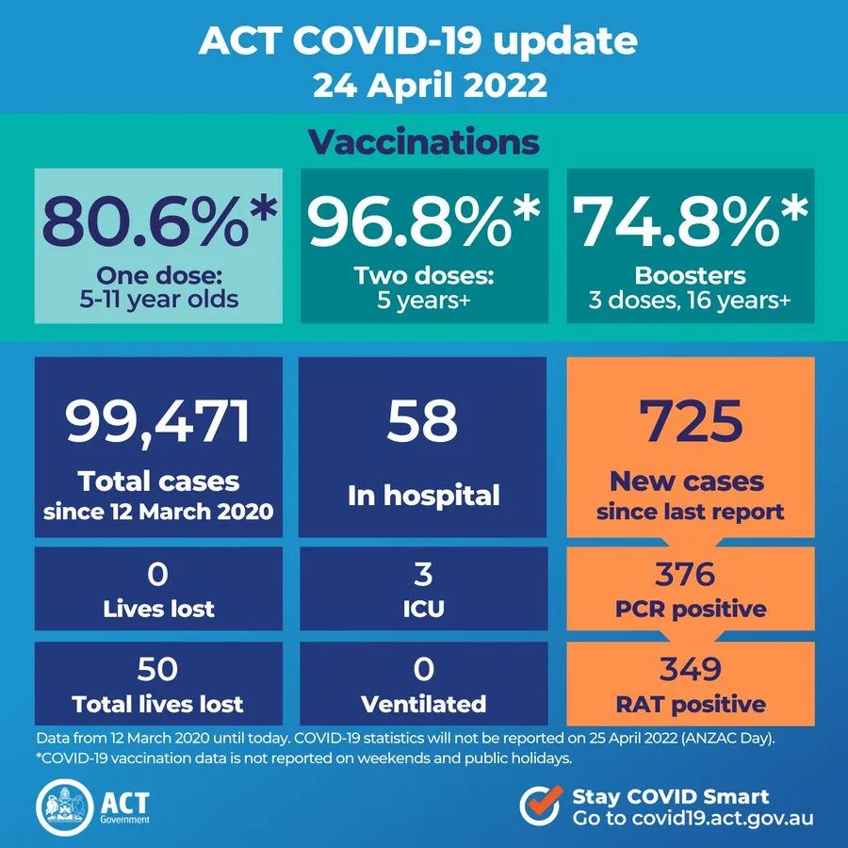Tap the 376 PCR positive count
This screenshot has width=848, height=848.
[x=690, y=574]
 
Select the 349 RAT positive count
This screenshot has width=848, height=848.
[x=690, y=669]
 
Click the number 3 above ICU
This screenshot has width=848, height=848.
[x=423, y=574]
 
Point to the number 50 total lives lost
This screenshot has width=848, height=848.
[x=158, y=669]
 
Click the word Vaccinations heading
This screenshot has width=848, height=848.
[x=423, y=142]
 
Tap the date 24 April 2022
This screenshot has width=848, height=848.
[x=423, y=86]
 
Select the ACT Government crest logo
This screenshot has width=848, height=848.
[x=63, y=804]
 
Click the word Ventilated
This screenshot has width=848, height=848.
[x=423, y=703]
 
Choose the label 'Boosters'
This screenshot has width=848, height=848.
[x=691, y=276]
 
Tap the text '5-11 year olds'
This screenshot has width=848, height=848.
[x=159, y=301]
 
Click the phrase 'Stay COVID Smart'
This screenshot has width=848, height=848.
[x=671, y=795]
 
